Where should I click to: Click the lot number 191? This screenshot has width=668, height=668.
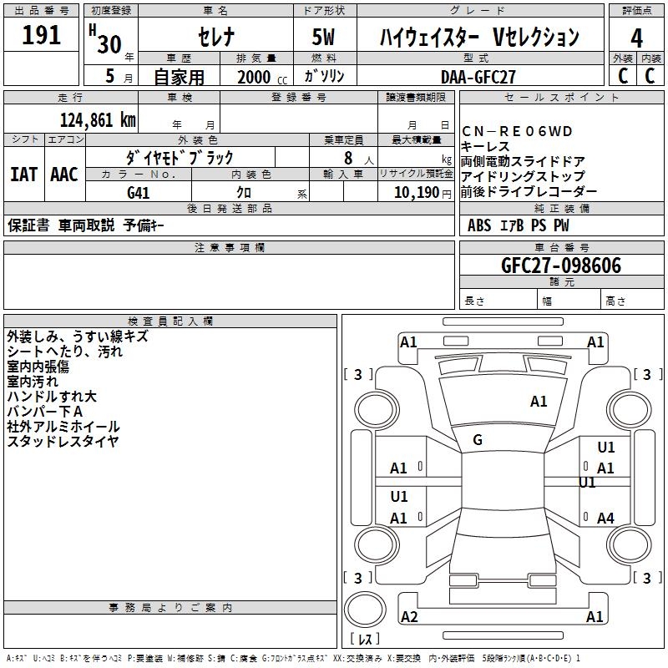(42, 36)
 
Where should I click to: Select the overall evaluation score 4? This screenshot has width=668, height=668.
(637, 38)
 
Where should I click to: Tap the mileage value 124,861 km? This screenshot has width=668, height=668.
(98, 119)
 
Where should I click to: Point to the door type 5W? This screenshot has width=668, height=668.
(325, 38)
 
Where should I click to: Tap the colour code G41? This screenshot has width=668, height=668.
(139, 193)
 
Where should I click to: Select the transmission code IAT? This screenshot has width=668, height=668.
(23, 175)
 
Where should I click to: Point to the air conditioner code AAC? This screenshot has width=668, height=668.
(64, 175)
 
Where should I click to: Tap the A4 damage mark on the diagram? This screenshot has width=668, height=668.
(605, 519)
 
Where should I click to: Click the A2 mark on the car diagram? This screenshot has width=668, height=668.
(409, 617)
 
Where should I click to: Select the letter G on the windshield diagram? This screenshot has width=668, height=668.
(478, 440)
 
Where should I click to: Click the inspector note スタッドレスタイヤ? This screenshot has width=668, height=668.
(63, 442)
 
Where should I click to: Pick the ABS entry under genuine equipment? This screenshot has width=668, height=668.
(479, 225)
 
